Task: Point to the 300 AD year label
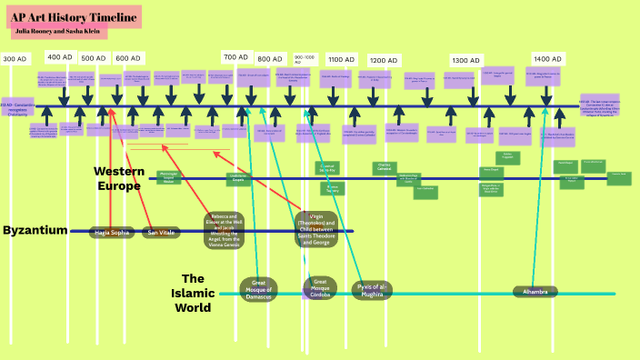[x=15, y=58]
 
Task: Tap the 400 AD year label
[x=60, y=56]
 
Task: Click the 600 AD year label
[x=128, y=57]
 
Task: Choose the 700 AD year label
[x=236, y=56]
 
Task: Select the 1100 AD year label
[x=342, y=59]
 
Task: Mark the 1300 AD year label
[x=466, y=60]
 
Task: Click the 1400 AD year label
[x=547, y=57]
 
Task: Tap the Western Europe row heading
[x=118, y=178]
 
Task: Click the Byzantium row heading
[x=35, y=230]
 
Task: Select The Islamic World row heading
[x=193, y=293]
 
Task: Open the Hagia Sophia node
[x=113, y=233]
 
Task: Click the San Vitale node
[x=161, y=233]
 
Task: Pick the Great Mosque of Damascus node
[x=257, y=290]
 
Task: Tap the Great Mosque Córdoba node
[x=319, y=289]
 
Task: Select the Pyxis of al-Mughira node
[x=372, y=290]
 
